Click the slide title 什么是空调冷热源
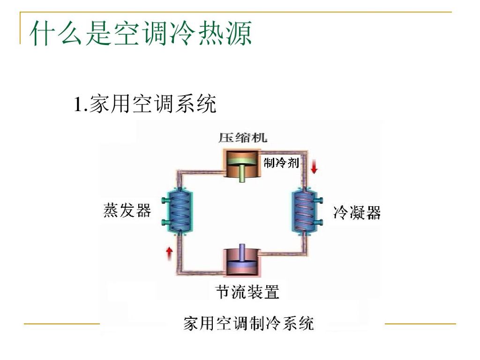141,34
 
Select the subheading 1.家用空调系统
145,104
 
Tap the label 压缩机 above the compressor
243,137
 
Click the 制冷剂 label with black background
281,163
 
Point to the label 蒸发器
127,210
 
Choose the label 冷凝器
357,213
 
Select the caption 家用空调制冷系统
248,323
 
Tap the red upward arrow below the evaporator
169,254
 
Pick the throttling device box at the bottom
242,261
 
